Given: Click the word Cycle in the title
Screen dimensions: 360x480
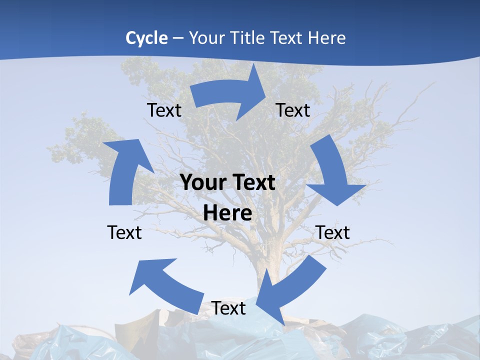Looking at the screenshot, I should [146, 38].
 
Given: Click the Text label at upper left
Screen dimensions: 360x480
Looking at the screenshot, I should [164, 110].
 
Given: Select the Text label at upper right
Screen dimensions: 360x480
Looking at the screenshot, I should [293, 110].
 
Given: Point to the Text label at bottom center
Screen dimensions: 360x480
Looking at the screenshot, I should [228, 308].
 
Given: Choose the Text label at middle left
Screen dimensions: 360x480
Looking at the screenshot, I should [124, 232].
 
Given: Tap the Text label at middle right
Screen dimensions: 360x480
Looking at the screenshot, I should [332, 232].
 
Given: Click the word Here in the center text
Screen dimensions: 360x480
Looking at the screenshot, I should [227, 213].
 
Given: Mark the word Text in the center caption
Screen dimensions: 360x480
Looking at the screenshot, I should [253, 183].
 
